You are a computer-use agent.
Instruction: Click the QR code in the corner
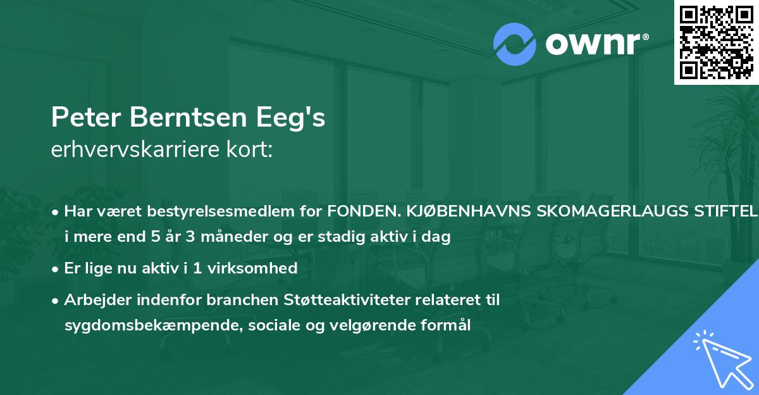pyautogui.click(x=717, y=42)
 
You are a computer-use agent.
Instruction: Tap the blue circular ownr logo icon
pyautogui.click(x=515, y=44)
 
